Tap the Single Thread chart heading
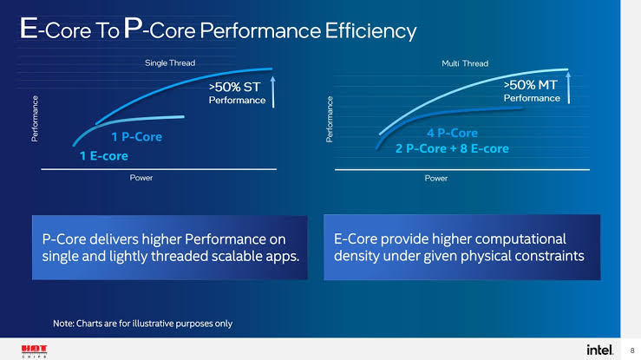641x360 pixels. (169, 62)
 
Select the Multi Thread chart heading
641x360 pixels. (465, 62)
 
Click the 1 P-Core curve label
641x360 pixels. (136, 137)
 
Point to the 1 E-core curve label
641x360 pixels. (105, 156)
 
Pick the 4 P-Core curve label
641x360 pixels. (453, 133)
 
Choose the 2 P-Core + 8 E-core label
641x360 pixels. (451, 149)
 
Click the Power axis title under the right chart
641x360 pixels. (436, 177)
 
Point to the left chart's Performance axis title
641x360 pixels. (35, 119)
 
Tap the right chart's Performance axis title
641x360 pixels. (330, 120)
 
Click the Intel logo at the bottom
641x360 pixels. (599, 349)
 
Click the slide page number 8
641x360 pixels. (631, 350)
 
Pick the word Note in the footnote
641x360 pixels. (64, 323)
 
